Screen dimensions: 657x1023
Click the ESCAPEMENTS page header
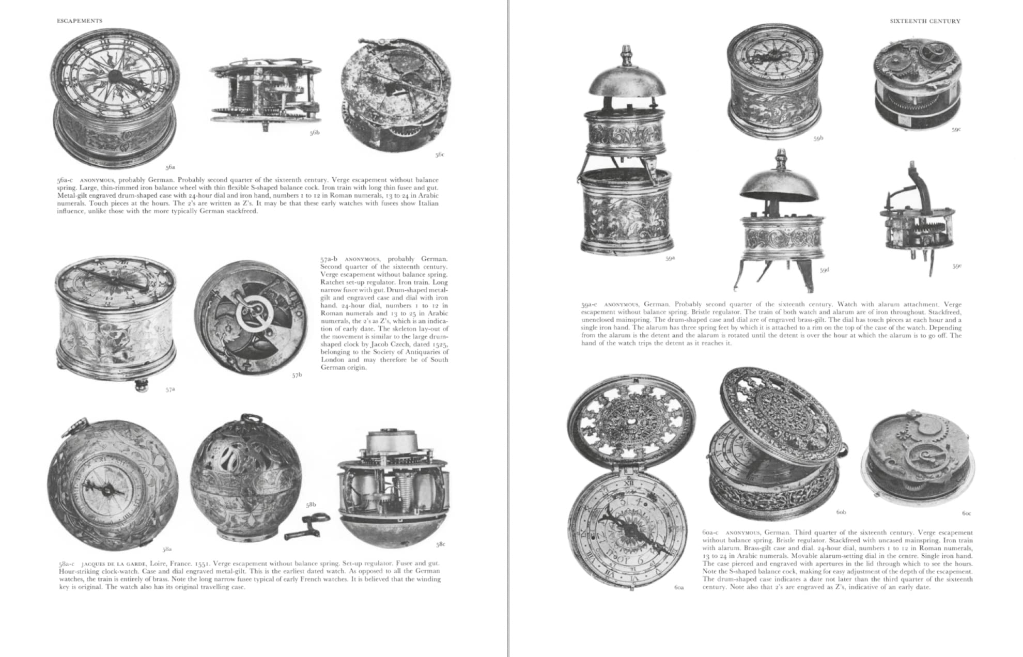point(80,21)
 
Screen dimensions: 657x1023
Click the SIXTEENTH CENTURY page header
point(925,21)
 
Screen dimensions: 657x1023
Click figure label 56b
point(315,133)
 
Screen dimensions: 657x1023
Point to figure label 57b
point(297,375)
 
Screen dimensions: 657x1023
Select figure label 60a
point(679,587)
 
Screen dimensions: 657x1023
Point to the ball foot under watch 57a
point(141,385)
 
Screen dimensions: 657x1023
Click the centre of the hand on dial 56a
point(115,77)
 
